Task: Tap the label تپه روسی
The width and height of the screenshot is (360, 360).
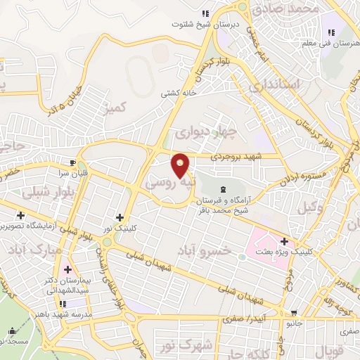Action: pos(169,181)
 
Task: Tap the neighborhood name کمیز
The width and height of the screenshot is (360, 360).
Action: pos(113,108)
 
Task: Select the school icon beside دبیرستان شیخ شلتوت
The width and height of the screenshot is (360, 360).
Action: pos(205,13)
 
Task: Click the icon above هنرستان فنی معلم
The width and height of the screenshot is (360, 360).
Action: pos(330,32)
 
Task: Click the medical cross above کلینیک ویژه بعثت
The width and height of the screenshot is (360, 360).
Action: pos(283,241)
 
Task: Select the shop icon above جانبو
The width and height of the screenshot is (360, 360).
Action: pos(294,314)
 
